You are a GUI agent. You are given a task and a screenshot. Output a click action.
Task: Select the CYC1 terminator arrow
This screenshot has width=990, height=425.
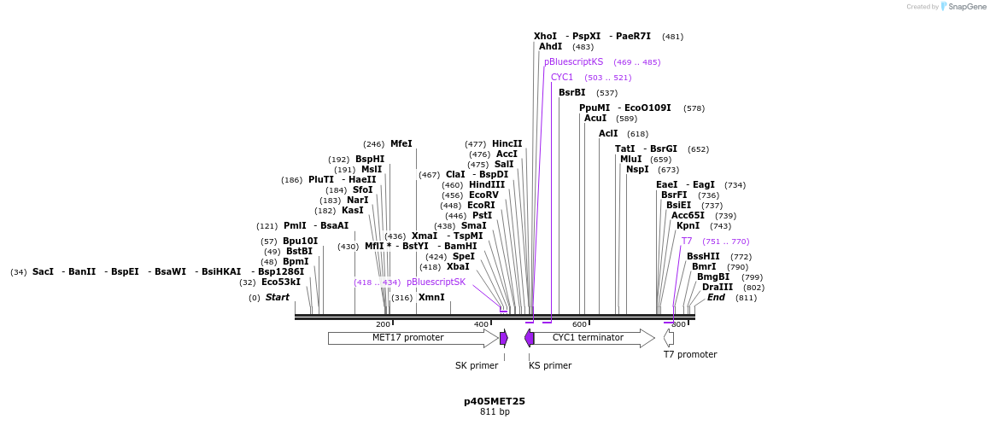(589, 338)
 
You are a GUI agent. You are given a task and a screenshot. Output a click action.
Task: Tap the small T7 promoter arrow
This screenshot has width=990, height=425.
(669, 338)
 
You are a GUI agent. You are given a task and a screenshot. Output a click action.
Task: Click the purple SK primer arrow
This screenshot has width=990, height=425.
(504, 338)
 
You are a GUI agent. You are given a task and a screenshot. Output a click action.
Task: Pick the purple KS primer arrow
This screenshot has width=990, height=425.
(530, 338)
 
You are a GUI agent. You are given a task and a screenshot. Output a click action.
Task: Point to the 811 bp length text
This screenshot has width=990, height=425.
(495, 411)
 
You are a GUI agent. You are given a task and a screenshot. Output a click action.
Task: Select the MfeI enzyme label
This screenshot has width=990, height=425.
(401, 144)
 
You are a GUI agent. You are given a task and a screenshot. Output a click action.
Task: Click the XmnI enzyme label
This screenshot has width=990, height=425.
(431, 298)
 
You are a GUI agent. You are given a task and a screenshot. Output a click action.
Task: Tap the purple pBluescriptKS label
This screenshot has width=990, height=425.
(573, 62)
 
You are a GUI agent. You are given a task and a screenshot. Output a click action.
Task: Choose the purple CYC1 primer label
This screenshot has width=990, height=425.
(562, 78)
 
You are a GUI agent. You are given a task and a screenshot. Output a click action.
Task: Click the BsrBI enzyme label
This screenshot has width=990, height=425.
(572, 93)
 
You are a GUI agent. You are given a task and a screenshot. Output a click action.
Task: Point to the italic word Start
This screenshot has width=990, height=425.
(278, 298)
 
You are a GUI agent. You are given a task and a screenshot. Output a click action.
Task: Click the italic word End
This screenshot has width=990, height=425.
(716, 298)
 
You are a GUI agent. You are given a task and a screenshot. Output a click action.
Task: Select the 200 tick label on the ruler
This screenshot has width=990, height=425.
(384, 324)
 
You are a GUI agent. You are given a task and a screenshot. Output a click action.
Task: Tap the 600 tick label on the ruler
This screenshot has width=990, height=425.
(580, 324)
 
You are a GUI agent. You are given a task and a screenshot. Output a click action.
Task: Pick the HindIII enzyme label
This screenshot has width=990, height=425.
(487, 185)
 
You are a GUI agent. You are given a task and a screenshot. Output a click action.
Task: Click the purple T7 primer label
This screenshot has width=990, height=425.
(687, 242)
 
